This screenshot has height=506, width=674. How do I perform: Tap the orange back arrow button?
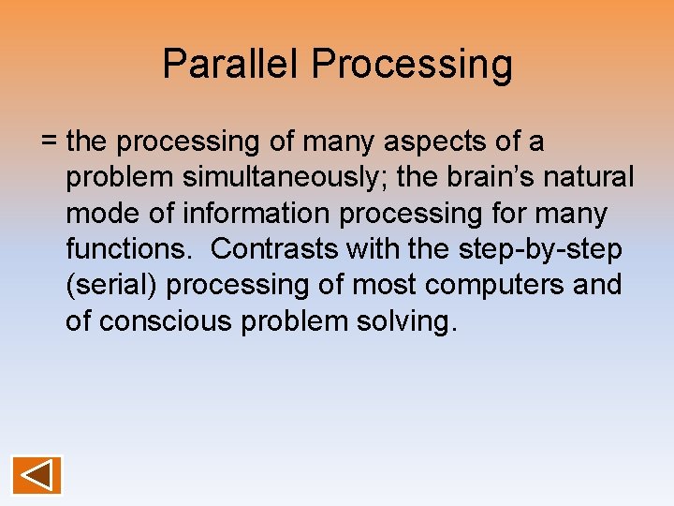(x=37, y=475)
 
